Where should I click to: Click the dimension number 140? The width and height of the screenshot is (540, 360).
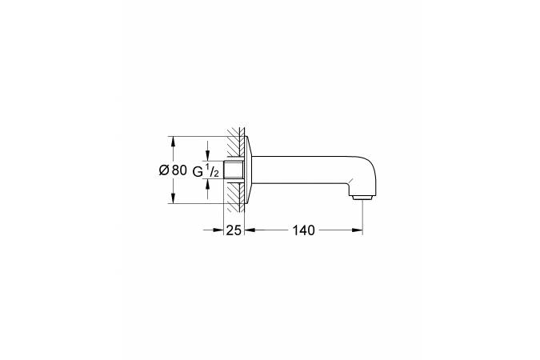pyautogui.click(x=304, y=230)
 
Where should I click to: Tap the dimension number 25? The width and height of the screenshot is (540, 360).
pyautogui.click(x=234, y=230)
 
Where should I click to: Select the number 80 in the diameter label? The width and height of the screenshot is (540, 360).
pyautogui.click(x=179, y=170)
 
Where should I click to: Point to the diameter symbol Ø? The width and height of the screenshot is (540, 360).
pyautogui.click(x=164, y=170)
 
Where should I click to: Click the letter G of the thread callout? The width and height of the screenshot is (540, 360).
pyautogui.click(x=198, y=171)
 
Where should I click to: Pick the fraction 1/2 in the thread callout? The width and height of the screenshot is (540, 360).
pyautogui.click(x=212, y=170)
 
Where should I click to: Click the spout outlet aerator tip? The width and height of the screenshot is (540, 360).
pyautogui.click(x=362, y=198)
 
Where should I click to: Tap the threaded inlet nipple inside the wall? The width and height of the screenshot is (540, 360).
pyautogui.click(x=234, y=170)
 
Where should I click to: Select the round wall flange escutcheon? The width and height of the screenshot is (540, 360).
pyautogui.click(x=249, y=170)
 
